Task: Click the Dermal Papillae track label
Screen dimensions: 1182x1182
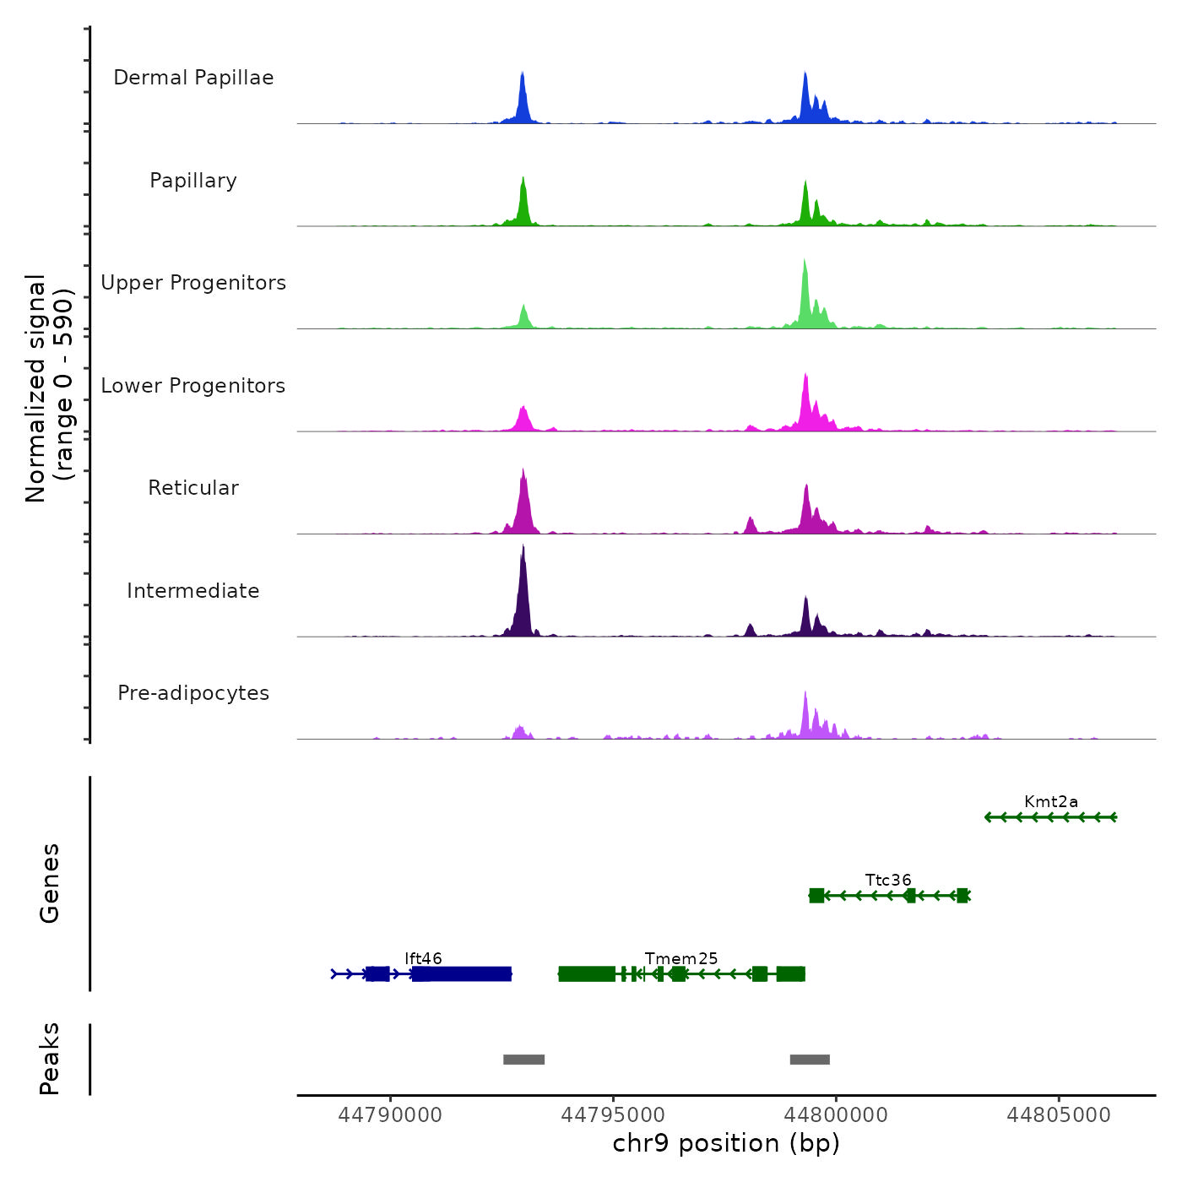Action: (x=193, y=78)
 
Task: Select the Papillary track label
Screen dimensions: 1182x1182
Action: (x=193, y=181)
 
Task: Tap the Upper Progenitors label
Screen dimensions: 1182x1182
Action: (x=193, y=283)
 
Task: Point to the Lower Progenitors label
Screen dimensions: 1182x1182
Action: (x=193, y=386)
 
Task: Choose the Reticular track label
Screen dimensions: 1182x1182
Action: (x=193, y=488)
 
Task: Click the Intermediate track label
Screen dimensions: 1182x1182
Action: (x=193, y=591)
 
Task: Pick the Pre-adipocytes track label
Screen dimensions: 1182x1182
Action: (x=193, y=693)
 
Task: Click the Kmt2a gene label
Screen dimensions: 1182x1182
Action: (x=1051, y=802)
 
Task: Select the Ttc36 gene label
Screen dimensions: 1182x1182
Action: (x=888, y=881)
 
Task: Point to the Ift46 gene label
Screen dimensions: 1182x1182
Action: (x=423, y=958)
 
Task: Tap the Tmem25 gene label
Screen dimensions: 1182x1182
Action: (x=681, y=958)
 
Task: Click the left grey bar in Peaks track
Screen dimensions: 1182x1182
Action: (x=523, y=1060)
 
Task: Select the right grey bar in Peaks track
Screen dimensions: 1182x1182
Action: (x=810, y=1060)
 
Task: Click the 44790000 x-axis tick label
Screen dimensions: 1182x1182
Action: (x=390, y=1115)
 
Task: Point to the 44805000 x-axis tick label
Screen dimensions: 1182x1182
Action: (x=1059, y=1115)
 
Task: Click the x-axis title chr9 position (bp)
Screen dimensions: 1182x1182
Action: (x=726, y=1143)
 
